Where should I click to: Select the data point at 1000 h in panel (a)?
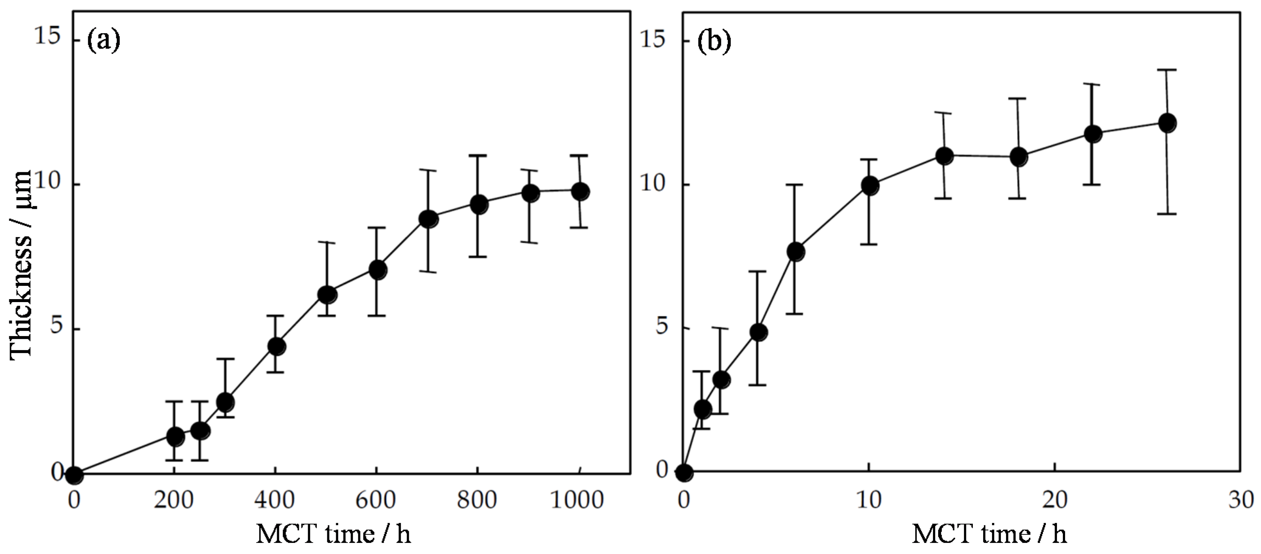click(581, 191)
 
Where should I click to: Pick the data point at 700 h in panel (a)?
click(428, 219)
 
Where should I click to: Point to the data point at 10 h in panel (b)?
click(870, 186)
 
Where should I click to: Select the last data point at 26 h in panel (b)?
click(1168, 123)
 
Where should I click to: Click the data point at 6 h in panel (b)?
click(796, 252)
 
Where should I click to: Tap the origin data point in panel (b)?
click(684, 473)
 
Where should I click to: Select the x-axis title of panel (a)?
click(334, 534)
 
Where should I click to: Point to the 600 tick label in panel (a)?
click(376, 500)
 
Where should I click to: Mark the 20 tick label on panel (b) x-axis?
click(1054, 500)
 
